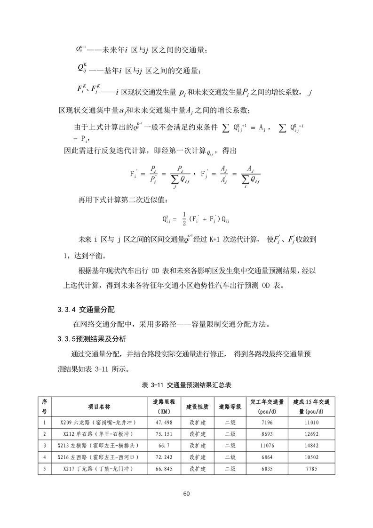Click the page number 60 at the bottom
point(186,493)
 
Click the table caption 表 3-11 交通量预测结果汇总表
point(187,384)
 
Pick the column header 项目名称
point(99,406)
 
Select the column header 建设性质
point(198,406)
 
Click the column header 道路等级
point(230,406)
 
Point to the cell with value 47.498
point(164,423)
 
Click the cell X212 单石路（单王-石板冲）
point(99,434)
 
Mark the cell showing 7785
point(312,468)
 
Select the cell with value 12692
point(312,434)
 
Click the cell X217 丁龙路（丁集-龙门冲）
point(99,468)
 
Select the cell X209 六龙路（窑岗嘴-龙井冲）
point(99,423)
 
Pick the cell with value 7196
point(266,423)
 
